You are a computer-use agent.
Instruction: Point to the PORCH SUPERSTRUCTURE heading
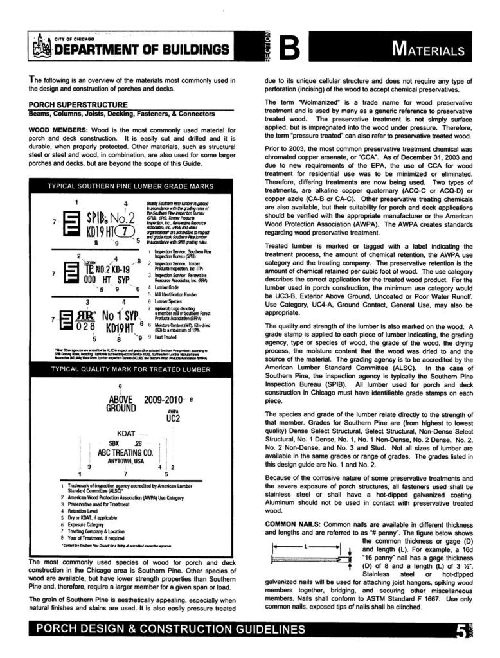[x=78, y=105]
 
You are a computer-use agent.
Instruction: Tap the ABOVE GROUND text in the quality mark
[x=120, y=403]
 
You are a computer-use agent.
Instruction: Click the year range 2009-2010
[x=164, y=399]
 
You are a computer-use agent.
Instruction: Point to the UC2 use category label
[x=173, y=418]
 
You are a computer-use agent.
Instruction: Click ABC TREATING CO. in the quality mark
[x=125, y=452]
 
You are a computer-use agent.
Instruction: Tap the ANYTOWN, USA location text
[x=125, y=461]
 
